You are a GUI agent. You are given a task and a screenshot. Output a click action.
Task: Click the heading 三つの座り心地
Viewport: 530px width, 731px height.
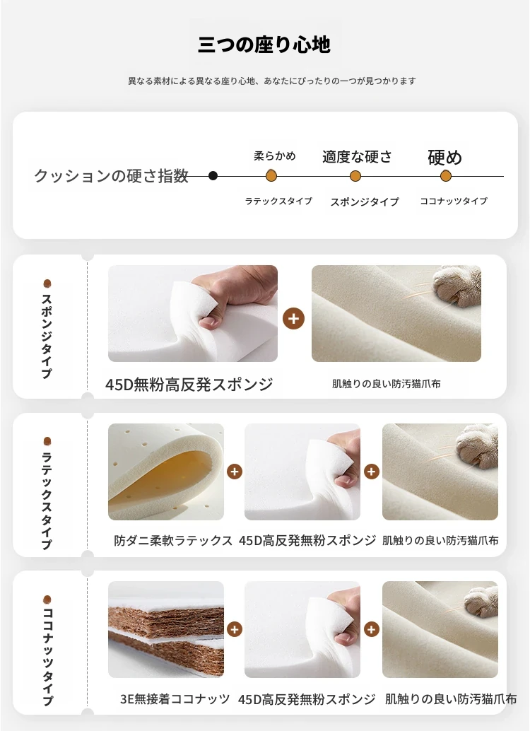[x=264, y=45]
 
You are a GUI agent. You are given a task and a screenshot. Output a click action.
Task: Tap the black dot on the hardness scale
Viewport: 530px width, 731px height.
[x=213, y=176]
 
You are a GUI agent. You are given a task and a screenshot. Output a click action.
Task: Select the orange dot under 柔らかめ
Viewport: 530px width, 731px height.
[x=271, y=176]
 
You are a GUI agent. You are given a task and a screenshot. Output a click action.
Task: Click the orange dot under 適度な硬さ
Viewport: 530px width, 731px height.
[x=355, y=176]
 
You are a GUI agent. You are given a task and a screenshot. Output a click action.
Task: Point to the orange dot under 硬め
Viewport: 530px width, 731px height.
[x=446, y=176]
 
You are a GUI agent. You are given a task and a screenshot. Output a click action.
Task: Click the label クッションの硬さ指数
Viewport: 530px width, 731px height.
[x=112, y=176]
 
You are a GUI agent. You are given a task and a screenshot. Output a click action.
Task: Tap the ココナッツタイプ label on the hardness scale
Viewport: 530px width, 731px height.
[x=454, y=201]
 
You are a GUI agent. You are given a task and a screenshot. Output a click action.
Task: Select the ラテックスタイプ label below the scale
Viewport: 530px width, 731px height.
[x=278, y=201]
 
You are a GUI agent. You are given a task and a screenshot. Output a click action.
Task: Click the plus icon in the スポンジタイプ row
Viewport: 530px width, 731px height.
[x=294, y=318]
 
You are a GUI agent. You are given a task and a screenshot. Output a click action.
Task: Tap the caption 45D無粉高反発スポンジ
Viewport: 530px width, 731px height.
[x=189, y=385]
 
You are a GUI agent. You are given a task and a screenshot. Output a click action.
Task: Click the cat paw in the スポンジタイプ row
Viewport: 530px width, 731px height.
[x=457, y=286]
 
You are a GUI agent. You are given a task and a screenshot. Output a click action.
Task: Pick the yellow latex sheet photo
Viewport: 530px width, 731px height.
[x=166, y=472]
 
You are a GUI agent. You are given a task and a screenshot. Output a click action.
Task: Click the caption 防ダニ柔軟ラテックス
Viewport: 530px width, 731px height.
[x=173, y=540]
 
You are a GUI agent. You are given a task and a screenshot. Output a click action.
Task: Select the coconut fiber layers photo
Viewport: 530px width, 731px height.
[x=166, y=629]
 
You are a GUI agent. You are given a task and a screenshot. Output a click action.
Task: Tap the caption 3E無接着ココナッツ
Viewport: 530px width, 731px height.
[x=175, y=698]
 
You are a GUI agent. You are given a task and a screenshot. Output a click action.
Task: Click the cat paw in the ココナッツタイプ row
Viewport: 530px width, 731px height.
[x=481, y=601]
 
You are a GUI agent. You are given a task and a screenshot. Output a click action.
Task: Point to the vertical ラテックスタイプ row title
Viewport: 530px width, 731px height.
[x=47, y=501]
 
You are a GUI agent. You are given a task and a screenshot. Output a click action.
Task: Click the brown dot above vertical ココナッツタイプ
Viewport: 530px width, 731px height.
[x=47, y=599]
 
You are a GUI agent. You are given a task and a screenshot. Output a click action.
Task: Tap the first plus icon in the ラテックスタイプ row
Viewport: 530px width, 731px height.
[x=235, y=472]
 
